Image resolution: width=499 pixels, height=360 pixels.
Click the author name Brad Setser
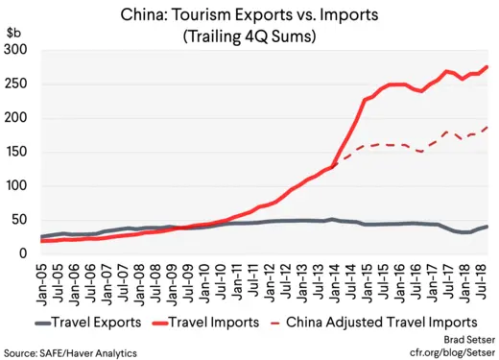pyautogui.click(x=463, y=341)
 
